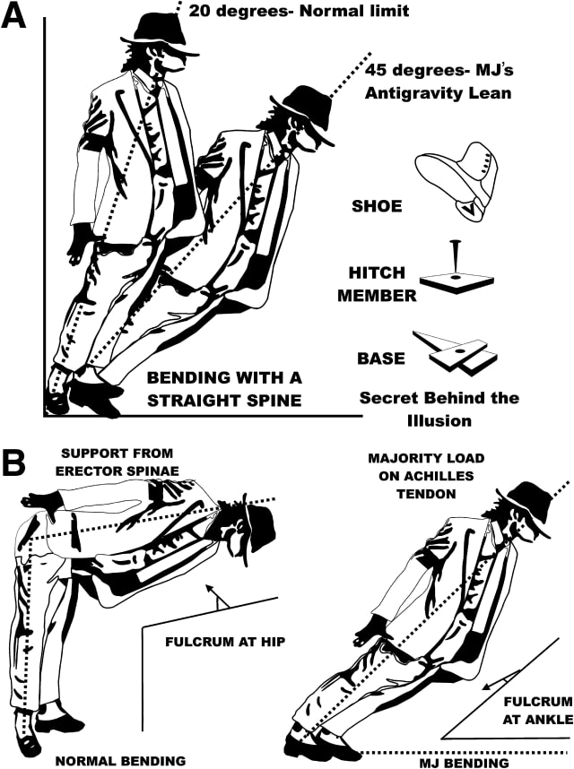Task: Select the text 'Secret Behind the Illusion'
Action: pyautogui.click(x=439, y=406)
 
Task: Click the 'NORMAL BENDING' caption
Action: pyautogui.click(x=120, y=760)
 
